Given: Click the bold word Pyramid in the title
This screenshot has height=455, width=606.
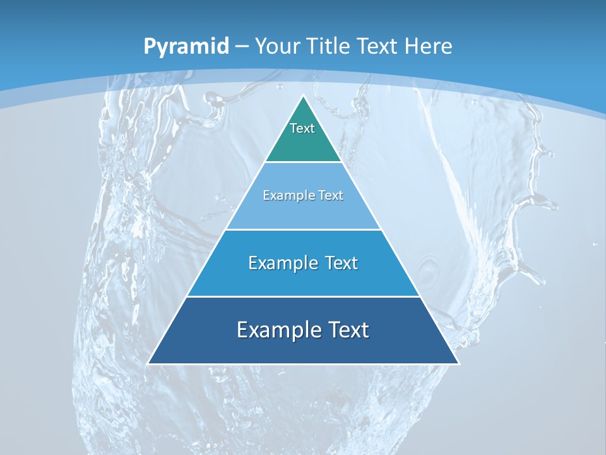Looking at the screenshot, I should (186, 47).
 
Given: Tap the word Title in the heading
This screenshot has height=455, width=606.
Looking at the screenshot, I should (329, 47).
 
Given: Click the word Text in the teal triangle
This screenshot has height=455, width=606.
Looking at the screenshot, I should (302, 128).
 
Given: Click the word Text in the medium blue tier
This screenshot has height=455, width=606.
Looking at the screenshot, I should (341, 263).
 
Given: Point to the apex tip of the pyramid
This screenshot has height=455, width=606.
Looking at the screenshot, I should (303, 97).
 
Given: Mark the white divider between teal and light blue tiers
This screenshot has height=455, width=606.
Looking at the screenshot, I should (303, 162).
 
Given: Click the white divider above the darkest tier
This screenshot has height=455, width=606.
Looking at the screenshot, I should (303, 296).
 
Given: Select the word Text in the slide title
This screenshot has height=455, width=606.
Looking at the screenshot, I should (378, 47).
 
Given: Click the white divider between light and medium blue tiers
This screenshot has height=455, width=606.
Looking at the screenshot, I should (303, 229).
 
